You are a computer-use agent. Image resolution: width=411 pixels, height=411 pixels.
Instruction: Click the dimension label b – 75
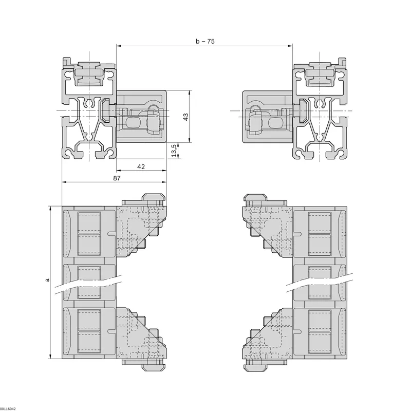[x=205, y=42]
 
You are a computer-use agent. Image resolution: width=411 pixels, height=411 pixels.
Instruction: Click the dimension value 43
[x=185, y=117]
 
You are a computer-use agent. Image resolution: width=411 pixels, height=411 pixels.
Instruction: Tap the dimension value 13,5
[x=174, y=151]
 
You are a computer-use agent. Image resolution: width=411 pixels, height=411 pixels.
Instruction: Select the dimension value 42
[x=141, y=166]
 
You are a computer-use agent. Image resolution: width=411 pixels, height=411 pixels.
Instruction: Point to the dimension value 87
[x=117, y=178]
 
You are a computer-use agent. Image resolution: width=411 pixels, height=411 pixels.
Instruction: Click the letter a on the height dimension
[x=47, y=279]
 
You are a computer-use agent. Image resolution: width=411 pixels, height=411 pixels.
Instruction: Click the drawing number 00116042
[x=8, y=408]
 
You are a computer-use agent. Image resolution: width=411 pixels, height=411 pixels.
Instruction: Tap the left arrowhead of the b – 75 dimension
[x=119, y=46]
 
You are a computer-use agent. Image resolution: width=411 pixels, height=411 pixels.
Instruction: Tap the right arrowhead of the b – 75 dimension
[x=290, y=46]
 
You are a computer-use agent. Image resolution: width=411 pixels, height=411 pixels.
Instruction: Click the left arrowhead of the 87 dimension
[x=64, y=182]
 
